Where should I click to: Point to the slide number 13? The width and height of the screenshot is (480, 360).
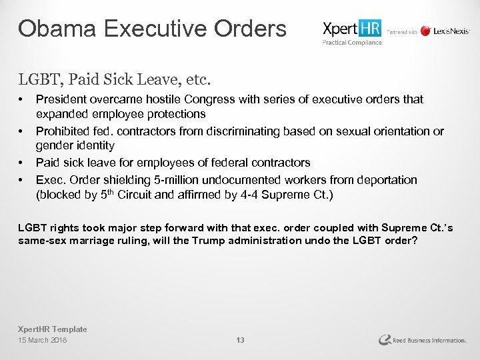pyautogui.click(x=241, y=341)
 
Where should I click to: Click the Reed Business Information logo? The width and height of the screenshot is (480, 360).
pyautogui.click(x=421, y=340)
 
